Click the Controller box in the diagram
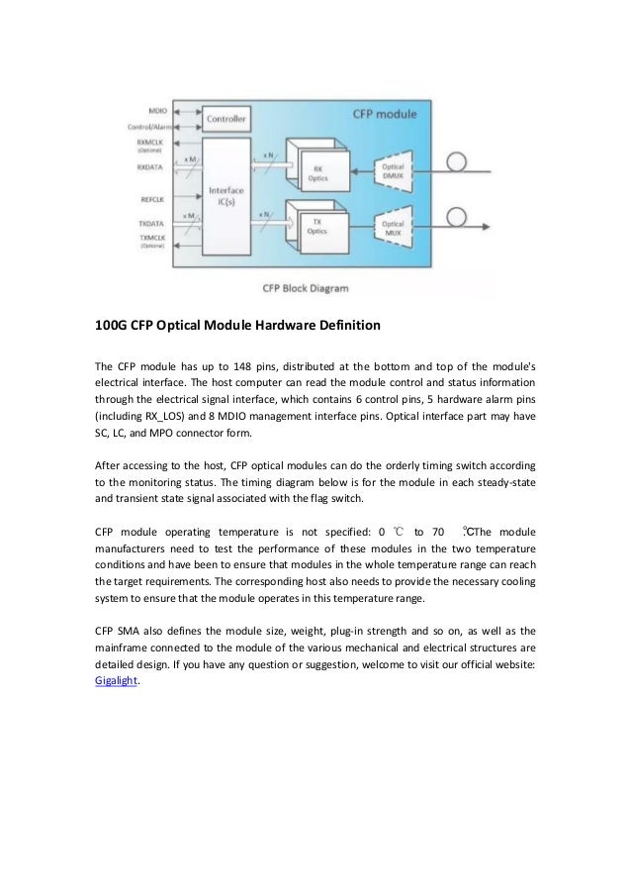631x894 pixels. coord(225,120)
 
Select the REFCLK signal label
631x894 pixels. coord(152,198)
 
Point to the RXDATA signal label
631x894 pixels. coord(152,167)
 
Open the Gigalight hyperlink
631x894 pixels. coord(111,681)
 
